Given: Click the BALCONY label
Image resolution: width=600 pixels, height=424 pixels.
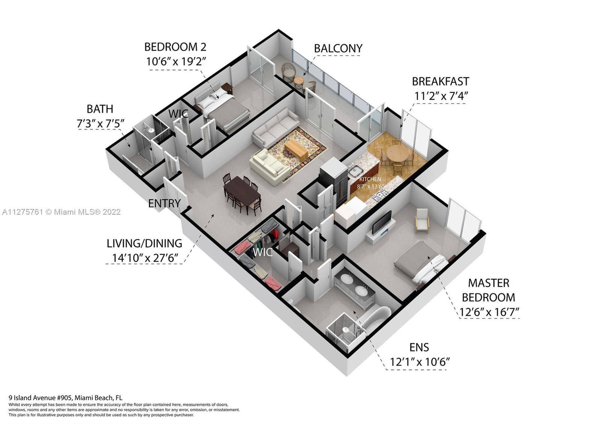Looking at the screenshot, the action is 338,48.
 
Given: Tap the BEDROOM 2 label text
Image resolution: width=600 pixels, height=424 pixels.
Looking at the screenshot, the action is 175,47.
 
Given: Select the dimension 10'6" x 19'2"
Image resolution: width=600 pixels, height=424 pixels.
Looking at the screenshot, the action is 176,62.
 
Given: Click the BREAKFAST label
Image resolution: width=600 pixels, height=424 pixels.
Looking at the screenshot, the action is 440,81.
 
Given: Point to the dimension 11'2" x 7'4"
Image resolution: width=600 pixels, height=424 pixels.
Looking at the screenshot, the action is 441,96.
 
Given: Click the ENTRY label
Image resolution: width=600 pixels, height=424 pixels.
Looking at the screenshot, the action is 165,203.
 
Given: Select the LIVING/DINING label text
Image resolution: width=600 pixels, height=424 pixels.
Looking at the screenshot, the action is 144,244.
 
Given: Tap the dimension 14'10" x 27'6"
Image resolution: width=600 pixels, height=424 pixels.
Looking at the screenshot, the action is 145,258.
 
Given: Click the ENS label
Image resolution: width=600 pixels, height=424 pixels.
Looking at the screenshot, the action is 419,347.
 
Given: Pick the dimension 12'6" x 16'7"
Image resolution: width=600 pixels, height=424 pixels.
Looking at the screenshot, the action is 489,312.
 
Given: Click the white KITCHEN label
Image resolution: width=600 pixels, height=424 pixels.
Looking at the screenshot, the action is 370,179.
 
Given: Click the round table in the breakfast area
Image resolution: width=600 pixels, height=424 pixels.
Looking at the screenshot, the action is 397,154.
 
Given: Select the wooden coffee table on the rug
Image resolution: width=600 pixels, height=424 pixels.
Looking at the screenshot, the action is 296,150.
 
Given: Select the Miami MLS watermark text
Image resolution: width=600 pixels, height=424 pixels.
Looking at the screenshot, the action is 61,212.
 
